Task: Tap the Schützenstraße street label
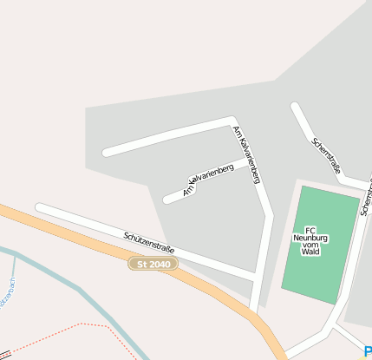pyautogui.click(x=148, y=242)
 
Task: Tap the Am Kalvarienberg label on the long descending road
pyautogui.click(x=246, y=154)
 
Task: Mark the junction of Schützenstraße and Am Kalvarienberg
pyautogui.click(x=255, y=276)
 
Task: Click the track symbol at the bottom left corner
pyautogui.click(x=4, y=355)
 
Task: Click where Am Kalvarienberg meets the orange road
pyautogui.click(x=252, y=310)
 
